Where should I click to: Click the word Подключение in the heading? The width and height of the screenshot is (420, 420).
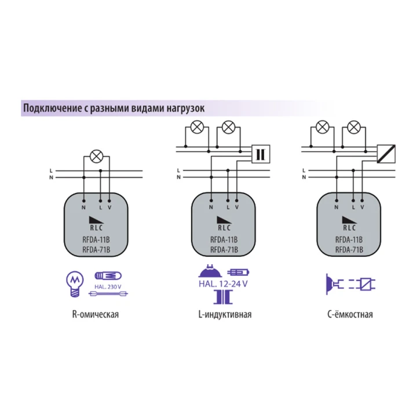coord(48,108)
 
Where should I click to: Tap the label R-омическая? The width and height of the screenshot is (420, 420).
coord(97,316)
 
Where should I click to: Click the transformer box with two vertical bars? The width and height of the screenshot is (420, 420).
coord(260,154)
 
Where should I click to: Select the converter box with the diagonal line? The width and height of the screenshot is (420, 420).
coord(384,154)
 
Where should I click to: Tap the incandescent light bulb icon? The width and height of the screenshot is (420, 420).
coord(73,282)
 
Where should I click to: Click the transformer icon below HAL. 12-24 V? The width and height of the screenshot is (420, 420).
coord(222,297)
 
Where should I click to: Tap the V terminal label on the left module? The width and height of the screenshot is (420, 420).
coord(109,207)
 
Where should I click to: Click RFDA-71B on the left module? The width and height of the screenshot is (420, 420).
coord(96,250)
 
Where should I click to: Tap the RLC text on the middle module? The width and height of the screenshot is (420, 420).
coord(222,228)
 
